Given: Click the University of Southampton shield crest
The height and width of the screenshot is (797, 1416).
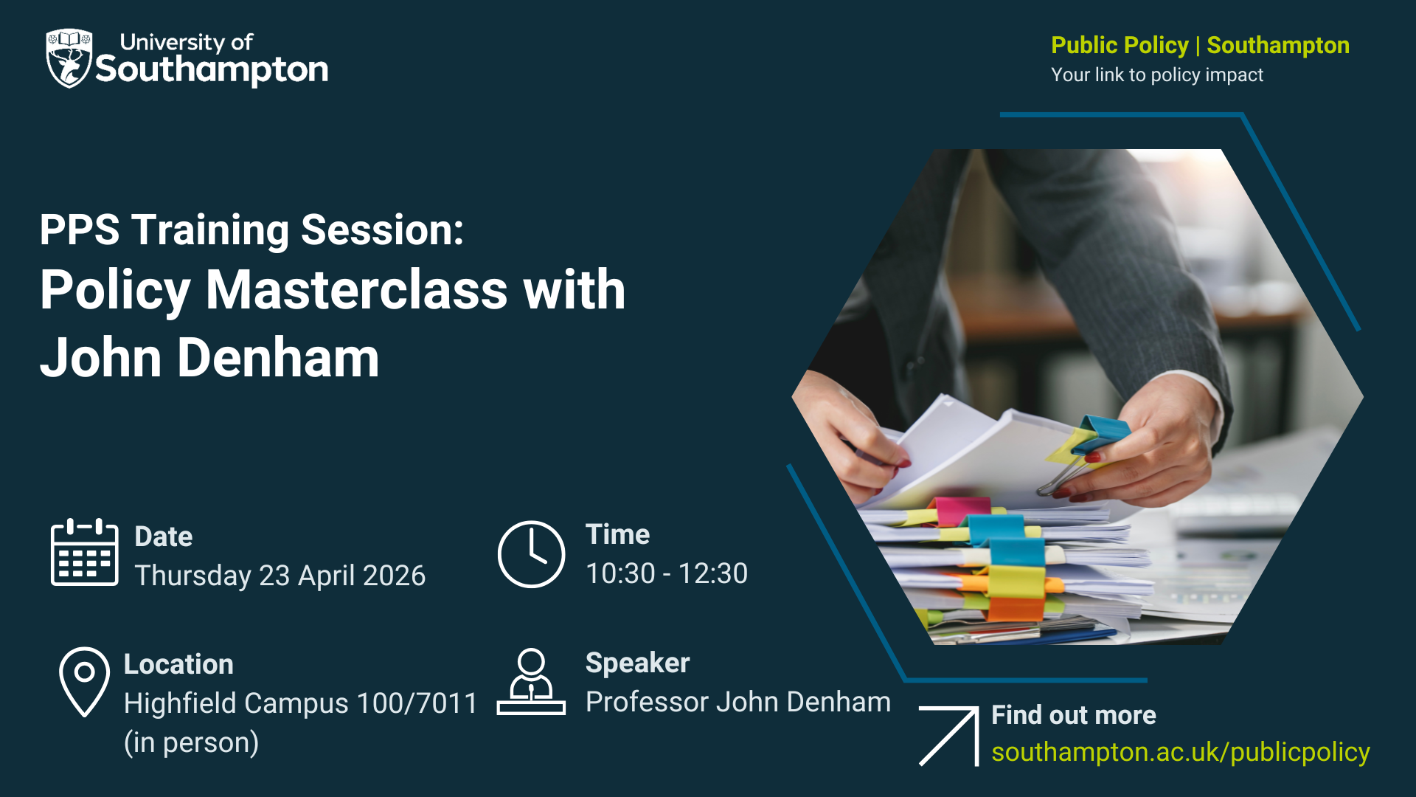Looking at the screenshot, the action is pos(69,58).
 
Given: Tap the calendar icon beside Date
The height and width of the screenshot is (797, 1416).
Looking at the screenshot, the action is pos(84,552).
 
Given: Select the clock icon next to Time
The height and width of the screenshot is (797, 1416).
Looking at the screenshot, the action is pos(531,554).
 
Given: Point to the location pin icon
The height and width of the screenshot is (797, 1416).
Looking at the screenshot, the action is pos(84,681).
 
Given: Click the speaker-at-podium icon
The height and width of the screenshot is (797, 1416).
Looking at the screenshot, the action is pos(531,681).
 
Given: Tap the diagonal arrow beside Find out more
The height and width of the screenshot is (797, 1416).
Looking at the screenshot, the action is pos(949,736).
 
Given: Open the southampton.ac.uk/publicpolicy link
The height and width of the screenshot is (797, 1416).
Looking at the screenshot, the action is pos(1181,752).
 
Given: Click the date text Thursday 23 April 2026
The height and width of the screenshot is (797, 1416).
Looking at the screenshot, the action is pos(280,576).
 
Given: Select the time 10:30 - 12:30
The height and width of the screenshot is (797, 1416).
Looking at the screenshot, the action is pos(667,573).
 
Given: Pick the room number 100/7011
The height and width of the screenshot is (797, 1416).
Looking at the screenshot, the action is pos(417,703).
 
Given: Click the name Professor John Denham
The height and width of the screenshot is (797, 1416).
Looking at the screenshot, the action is pos(738,702).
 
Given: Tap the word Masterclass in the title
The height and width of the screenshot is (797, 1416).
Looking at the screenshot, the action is pos(357,289).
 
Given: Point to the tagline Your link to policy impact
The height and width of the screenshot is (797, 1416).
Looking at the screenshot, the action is pos(1157,75).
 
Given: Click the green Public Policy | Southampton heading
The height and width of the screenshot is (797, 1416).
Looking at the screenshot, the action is pos(1201,45).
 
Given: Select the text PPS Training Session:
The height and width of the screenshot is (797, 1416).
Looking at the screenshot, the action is pos(251,230).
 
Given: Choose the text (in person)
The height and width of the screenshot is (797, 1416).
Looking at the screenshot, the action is pos(192,742).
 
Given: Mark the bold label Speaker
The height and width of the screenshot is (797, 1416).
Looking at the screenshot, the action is pos(638,663).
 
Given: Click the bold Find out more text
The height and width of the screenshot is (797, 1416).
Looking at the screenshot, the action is pos(1074,715).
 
